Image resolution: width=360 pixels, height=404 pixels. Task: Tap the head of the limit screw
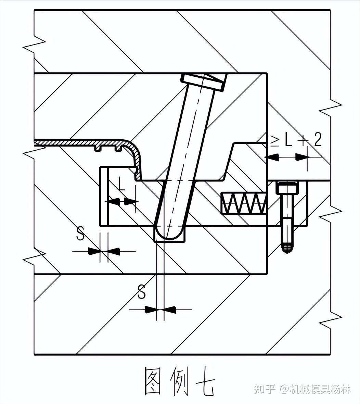point(287,188)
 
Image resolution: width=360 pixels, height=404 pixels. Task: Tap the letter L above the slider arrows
point(122,185)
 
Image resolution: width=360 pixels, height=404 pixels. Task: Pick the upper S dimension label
point(80,234)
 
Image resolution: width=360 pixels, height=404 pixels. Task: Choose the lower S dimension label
point(141,292)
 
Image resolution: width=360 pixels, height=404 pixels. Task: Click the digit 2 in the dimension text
point(317,139)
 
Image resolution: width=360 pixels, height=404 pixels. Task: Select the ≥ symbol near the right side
point(274,140)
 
